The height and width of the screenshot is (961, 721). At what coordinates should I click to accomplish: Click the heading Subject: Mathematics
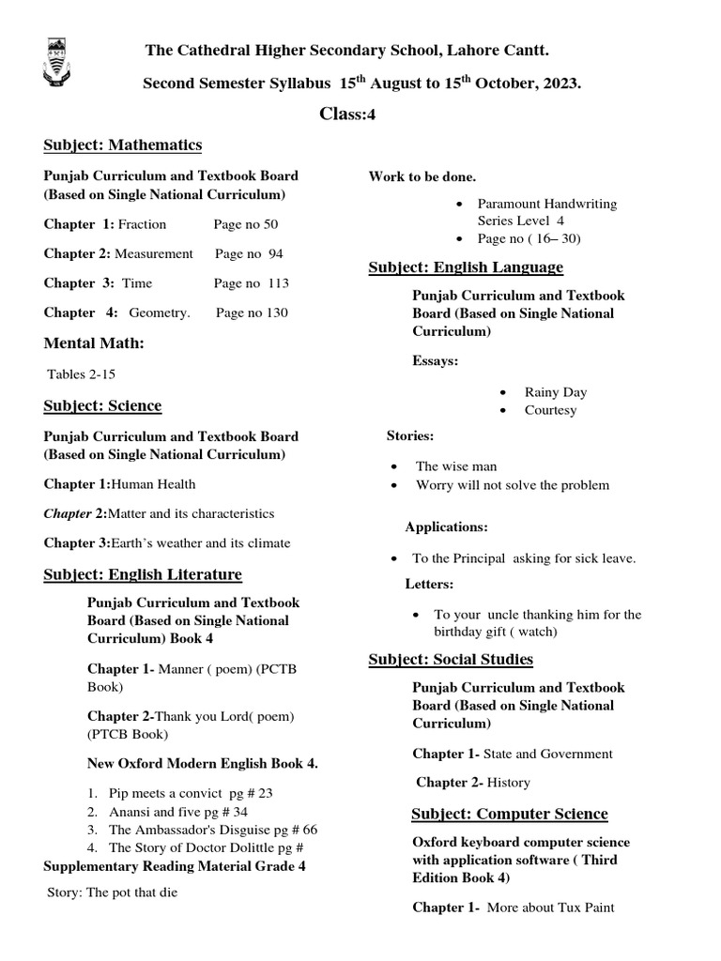coord(122,145)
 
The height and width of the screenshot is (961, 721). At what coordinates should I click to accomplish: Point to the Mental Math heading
coord(94,343)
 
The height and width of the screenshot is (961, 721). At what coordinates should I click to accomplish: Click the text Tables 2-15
coord(82,374)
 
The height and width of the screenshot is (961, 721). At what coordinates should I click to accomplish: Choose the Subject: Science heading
coord(102,405)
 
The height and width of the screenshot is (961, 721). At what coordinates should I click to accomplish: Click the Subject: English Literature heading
coord(142,574)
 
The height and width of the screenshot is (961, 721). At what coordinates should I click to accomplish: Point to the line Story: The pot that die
coord(112,892)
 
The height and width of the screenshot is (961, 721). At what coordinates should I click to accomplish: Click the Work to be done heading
coord(422,176)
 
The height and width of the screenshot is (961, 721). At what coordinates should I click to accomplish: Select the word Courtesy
coord(551,410)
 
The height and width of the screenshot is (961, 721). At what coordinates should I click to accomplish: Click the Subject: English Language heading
coord(466,267)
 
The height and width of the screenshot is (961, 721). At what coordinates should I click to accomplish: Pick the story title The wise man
coord(456,466)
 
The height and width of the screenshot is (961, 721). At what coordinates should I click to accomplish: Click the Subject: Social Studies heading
coord(451,660)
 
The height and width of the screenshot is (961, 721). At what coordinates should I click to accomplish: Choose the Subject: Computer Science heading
coord(509,814)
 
